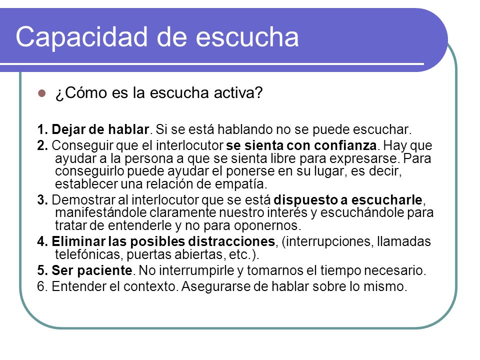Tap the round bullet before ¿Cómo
click(x=41, y=93)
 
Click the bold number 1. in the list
click(x=42, y=129)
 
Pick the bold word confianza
click(x=345, y=145)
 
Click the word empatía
click(x=240, y=184)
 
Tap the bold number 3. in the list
click(x=42, y=200)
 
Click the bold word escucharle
click(x=386, y=200)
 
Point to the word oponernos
click(x=265, y=226)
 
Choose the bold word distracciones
click(x=231, y=241)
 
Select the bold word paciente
click(x=104, y=270)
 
